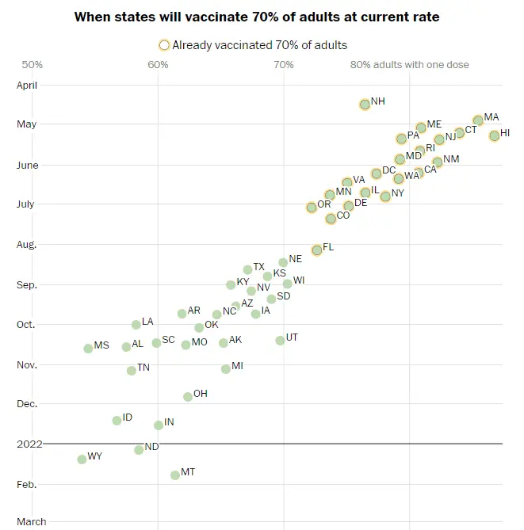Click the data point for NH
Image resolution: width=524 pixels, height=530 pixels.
[x=365, y=104]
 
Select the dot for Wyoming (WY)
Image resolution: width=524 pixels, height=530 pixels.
[x=82, y=459]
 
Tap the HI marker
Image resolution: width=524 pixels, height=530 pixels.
[x=494, y=135]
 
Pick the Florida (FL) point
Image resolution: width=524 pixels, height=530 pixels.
[x=317, y=250]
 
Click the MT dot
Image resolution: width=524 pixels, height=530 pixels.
[x=174, y=475]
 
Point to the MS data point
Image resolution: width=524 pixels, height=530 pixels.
[x=88, y=348]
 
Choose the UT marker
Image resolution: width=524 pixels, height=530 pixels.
[x=280, y=340]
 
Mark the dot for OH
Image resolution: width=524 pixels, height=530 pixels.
[x=188, y=396]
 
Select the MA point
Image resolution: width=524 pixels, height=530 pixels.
[x=478, y=120]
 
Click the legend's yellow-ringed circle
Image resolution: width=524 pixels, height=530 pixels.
[x=164, y=45]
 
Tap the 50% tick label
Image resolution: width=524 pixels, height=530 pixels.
[x=33, y=65]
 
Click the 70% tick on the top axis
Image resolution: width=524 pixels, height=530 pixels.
[x=283, y=65]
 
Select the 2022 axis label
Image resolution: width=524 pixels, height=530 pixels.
[x=29, y=444]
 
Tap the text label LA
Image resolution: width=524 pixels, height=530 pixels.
[x=147, y=322]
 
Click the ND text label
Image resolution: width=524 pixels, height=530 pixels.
[x=151, y=447]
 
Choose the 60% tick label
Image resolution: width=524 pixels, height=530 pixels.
[x=158, y=65]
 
